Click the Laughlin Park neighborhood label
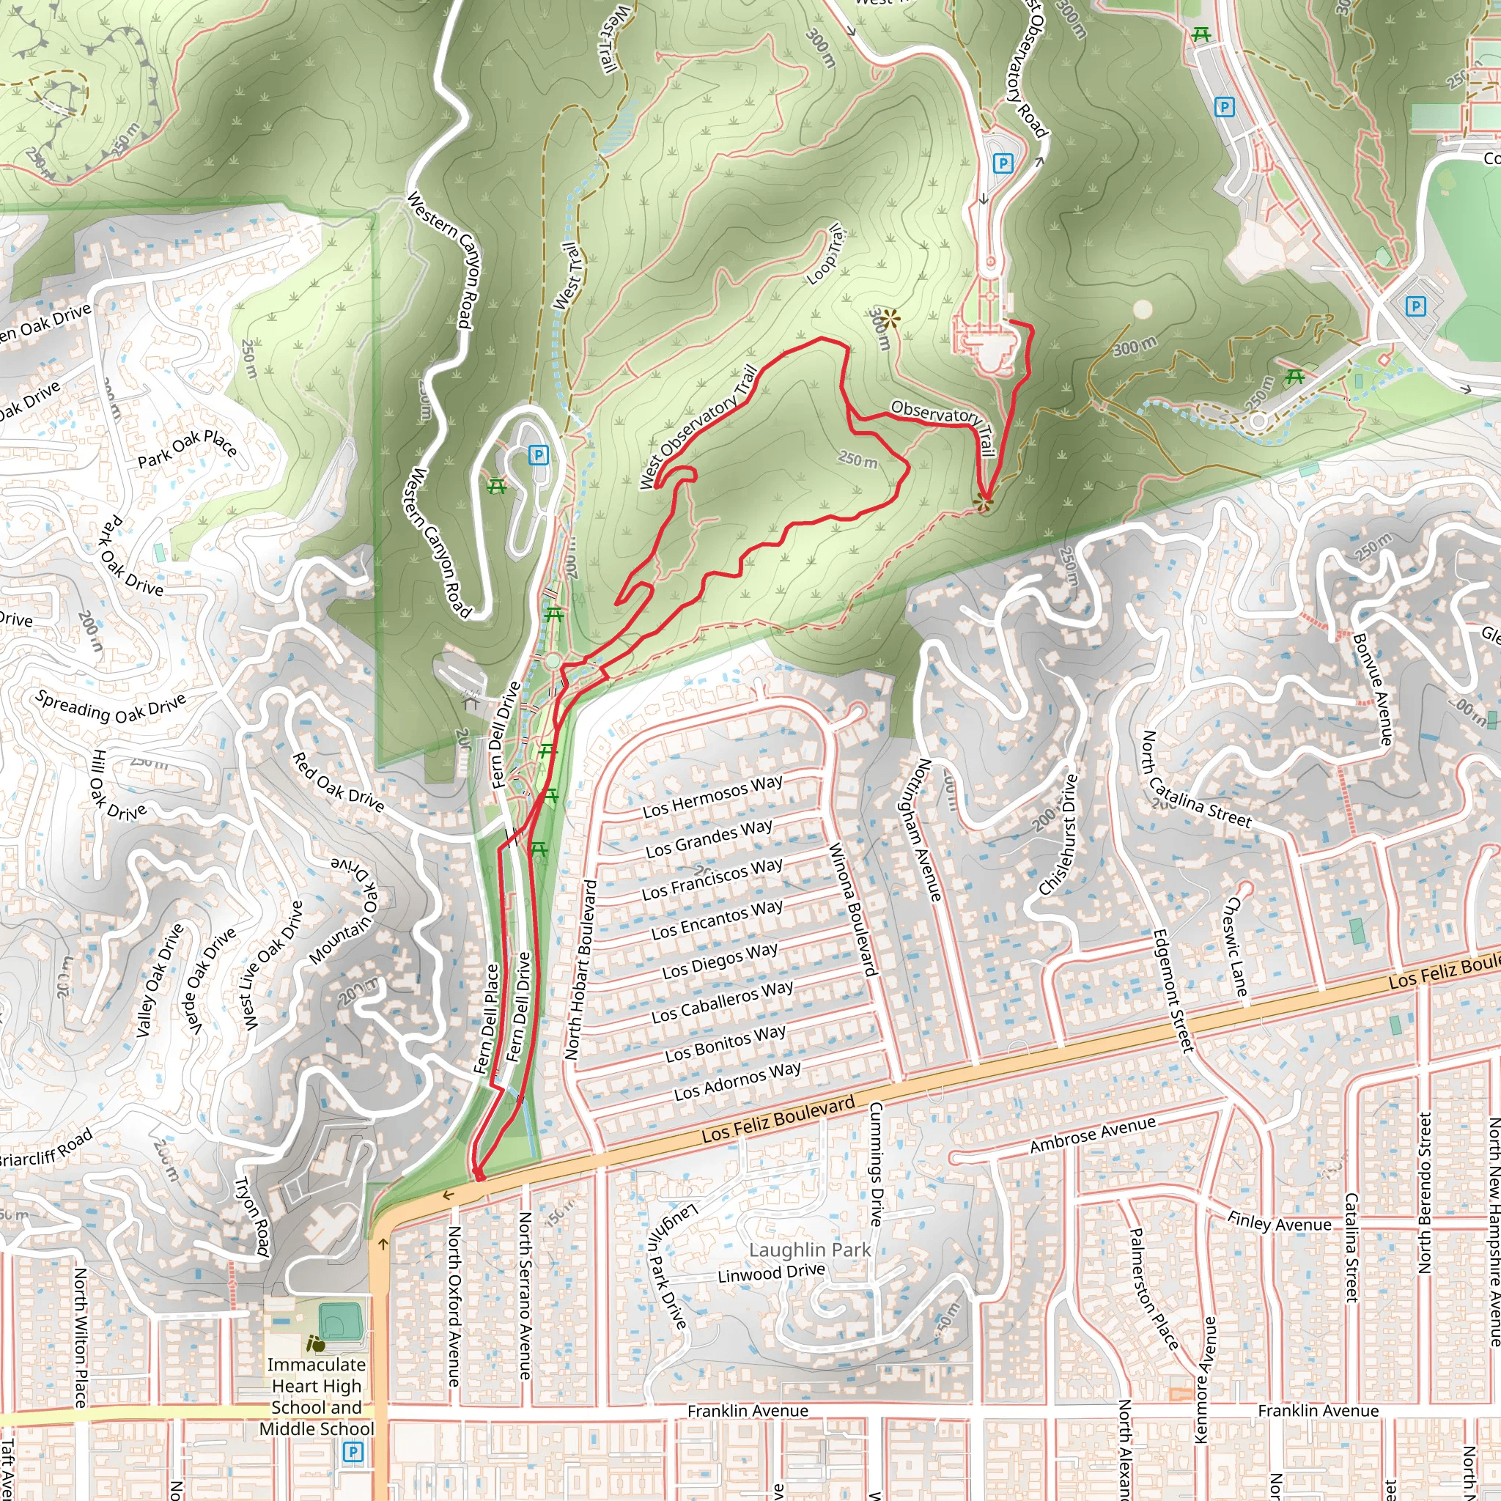pos(809,1250)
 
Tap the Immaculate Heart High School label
pos(315,1396)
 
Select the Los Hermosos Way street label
pos(712,797)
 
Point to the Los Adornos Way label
pos(737,1081)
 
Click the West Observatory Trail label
pos(698,427)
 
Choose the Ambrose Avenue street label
pos(1092,1135)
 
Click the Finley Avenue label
pos(1279,1222)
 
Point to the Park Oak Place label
pos(187,450)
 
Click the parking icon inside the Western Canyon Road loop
pos(539,455)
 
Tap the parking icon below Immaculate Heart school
pos(353,1451)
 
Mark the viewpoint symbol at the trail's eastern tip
pos(984,504)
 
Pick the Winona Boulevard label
pos(852,909)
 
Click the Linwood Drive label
pos(771,1273)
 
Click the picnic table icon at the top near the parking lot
pos(1201,34)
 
